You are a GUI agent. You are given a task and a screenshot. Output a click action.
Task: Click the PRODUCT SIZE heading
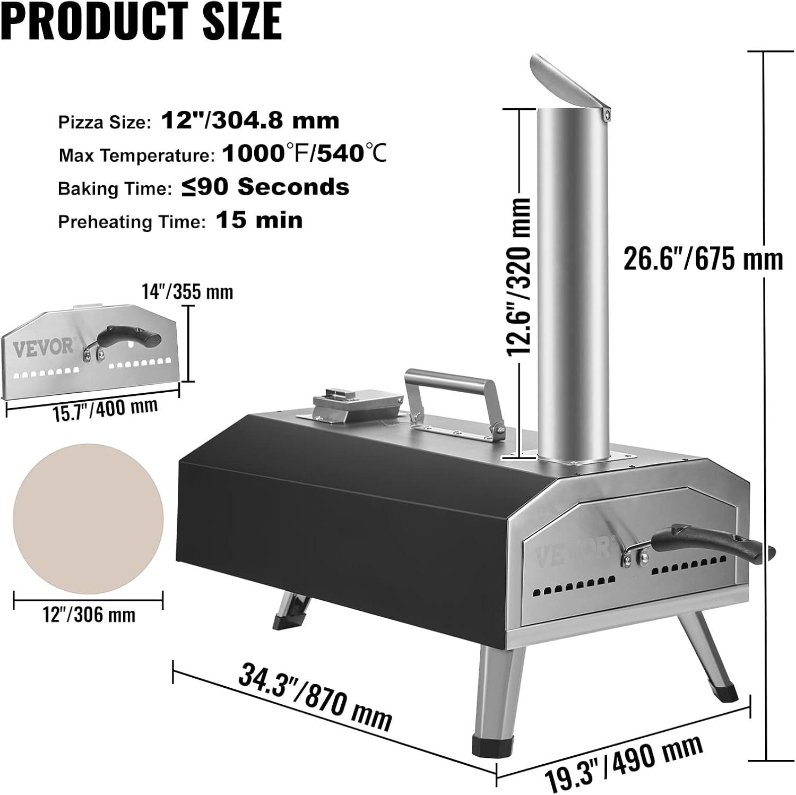(x=141, y=21)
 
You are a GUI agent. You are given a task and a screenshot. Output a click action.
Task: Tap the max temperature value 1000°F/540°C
(x=304, y=154)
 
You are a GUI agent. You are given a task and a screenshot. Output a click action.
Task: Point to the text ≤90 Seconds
(x=265, y=187)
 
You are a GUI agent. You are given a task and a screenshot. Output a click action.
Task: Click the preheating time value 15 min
(x=259, y=220)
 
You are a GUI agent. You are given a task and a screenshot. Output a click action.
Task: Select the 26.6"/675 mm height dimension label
(x=703, y=260)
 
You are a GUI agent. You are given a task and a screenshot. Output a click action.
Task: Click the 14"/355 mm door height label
(x=187, y=292)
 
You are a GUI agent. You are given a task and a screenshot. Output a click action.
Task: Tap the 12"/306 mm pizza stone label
(x=89, y=615)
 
